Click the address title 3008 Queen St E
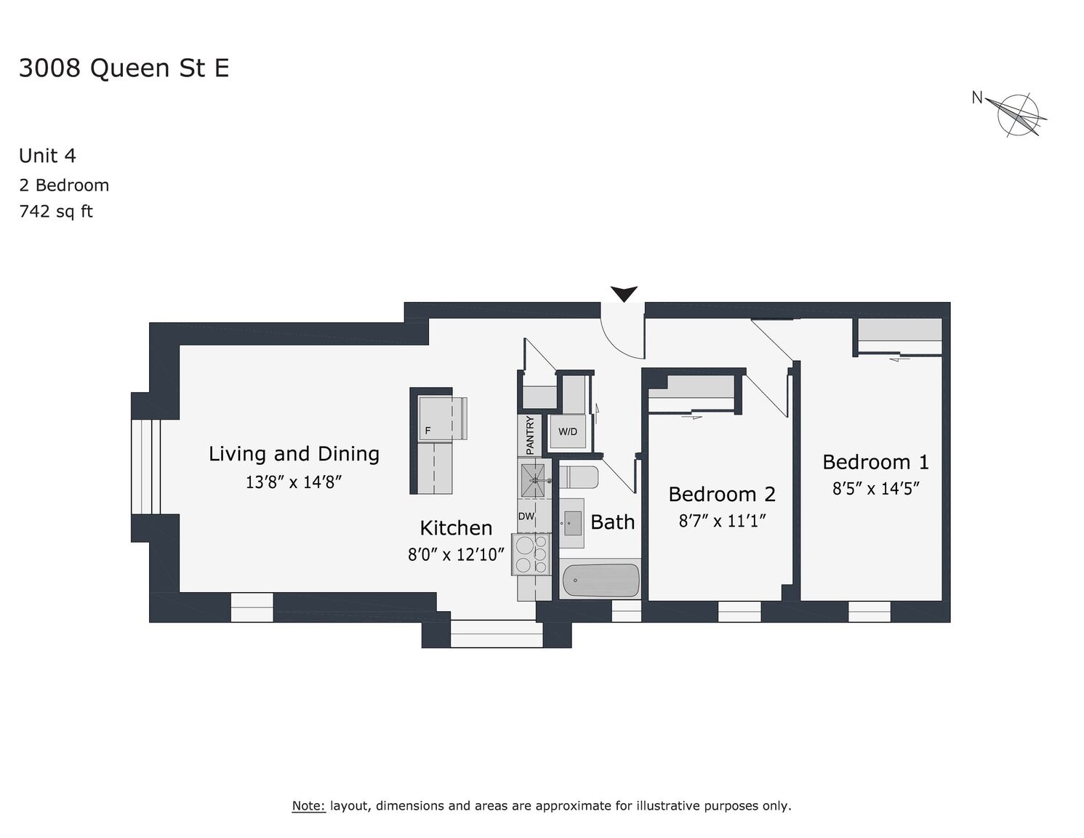tap(124, 68)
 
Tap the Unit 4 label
tap(47, 156)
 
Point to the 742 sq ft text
tap(56, 212)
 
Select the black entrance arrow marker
tap(624, 293)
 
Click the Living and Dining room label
tap(294, 454)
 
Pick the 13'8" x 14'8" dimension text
tap(293, 482)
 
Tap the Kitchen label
tap(456, 527)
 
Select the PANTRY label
tap(530, 435)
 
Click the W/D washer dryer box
tap(568, 431)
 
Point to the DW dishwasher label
tap(526, 516)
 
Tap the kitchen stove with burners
tap(531, 554)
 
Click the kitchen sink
tap(533, 481)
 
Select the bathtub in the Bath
tap(601, 580)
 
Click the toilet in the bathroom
tap(579, 478)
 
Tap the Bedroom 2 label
tap(722, 494)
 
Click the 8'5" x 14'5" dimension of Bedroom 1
tap(875, 488)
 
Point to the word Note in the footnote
tap(308, 805)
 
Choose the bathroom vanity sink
tap(571, 523)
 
